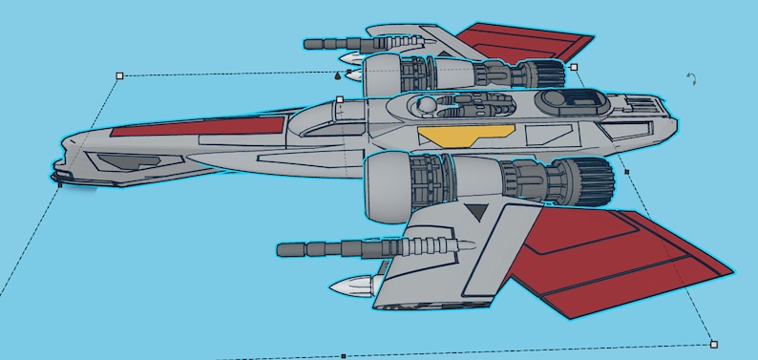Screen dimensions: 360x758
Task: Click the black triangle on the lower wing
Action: pos(475,211)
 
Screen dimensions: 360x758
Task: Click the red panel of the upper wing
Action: pos(530,42)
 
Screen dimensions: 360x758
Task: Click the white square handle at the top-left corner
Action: pos(119,74)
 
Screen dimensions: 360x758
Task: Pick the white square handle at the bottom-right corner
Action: pos(713,344)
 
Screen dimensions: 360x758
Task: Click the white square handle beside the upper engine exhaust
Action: pos(574,67)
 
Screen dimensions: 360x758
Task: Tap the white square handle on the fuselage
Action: pos(339,99)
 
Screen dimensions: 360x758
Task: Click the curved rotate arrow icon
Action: pos(692,80)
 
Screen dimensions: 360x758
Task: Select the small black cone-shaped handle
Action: pos(338,74)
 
